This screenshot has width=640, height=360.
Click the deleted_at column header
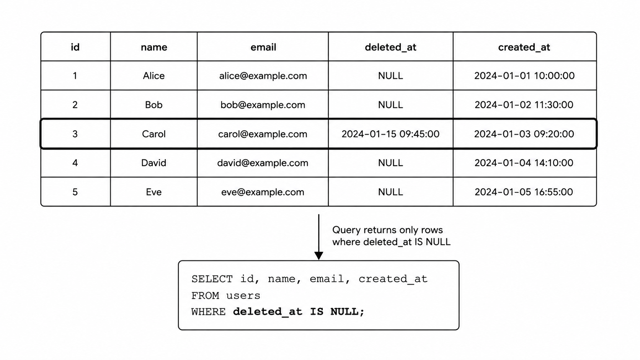click(390, 47)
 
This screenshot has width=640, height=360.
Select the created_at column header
click(524, 47)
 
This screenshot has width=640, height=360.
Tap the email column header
click(263, 47)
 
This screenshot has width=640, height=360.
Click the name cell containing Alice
click(154, 76)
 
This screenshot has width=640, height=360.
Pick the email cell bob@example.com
click(263, 105)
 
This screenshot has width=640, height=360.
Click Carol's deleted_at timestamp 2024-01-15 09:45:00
click(390, 134)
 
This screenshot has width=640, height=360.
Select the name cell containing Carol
click(154, 134)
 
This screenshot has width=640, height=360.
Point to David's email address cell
click(263, 163)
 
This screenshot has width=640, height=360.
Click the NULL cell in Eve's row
click(390, 192)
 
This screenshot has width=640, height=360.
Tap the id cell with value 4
click(75, 163)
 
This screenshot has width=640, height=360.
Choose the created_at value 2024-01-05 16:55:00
click(524, 192)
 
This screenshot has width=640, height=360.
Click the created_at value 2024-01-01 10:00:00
click(524, 76)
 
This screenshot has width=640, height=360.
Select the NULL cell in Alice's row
click(390, 76)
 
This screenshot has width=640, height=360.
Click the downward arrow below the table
click(318, 237)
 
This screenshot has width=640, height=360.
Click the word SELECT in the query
click(212, 279)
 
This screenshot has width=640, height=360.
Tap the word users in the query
click(243, 296)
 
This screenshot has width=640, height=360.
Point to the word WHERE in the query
click(208, 312)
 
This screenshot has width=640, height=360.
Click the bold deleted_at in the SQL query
click(268, 312)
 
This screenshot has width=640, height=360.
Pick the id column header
click(75, 47)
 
